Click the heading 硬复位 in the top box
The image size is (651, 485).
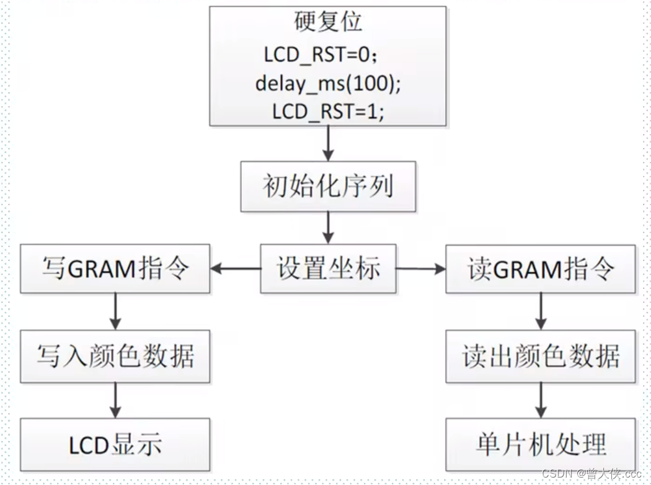click(x=327, y=22)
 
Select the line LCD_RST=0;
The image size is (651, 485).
click(x=321, y=55)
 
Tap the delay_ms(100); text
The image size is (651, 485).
click(x=328, y=83)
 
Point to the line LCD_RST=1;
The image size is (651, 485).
click(x=328, y=112)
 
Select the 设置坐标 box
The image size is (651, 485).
click(x=328, y=269)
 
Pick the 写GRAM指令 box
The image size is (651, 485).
click(x=115, y=269)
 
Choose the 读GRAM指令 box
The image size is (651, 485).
click(x=541, y=269)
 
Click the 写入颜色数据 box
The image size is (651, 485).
click(x=115, y=357)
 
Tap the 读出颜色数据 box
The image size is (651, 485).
click(x=541, y=357)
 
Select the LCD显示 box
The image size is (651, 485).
click(x=115, y=443)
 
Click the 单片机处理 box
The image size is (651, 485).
click(x=541, y=443)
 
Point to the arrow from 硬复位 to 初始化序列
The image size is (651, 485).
click(x=328, y=144)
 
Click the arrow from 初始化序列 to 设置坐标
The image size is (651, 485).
click(x=328, y=228)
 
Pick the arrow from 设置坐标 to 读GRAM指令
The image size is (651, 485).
click(x=420, y=269)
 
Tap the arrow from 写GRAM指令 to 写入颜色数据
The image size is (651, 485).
click(x=115, y=312)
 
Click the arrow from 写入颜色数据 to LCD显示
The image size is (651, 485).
click(x=115, y=400)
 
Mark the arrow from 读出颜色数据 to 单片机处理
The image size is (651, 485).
click(x=541, y=400)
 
